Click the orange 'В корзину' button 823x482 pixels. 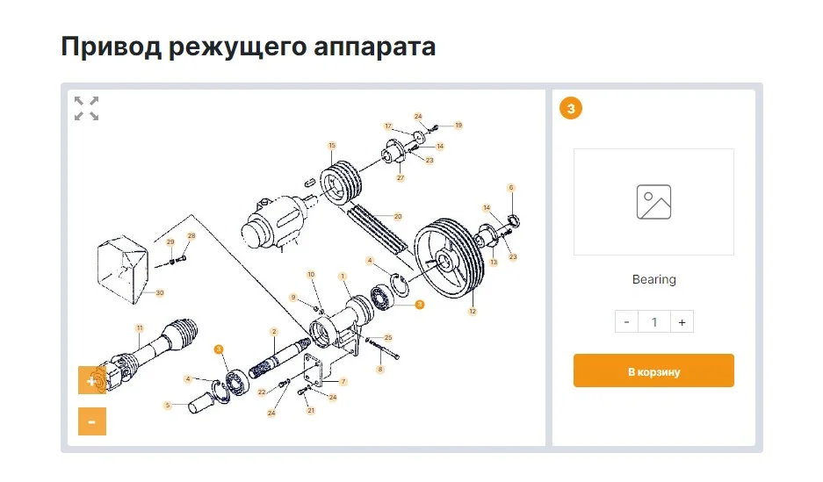tap(653, 370)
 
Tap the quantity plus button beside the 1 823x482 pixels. tap(682, 322)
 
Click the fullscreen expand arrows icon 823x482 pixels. tap(87, 109)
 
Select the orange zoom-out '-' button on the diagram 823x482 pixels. tap(92, 421)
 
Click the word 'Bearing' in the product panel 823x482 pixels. tap(654, 279)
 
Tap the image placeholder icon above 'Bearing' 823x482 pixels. tap(653, 202)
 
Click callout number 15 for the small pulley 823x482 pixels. tap(332, 145)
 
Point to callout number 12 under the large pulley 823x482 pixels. tap(473, 312)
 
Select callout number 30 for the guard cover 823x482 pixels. tap(160, 292)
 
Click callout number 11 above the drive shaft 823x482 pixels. tap(140, 328)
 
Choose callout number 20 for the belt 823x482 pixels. tap(398, 216)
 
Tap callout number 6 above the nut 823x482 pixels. tap(511, 187)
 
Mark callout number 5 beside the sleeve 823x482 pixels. tap(168, 405)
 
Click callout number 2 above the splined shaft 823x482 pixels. tap(273, 332)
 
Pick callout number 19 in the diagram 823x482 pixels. tap(458, 126)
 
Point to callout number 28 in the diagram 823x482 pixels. tap(191, 236)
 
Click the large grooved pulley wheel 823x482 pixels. tap(449, 258)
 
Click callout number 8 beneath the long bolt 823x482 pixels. tap(380, 370)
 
